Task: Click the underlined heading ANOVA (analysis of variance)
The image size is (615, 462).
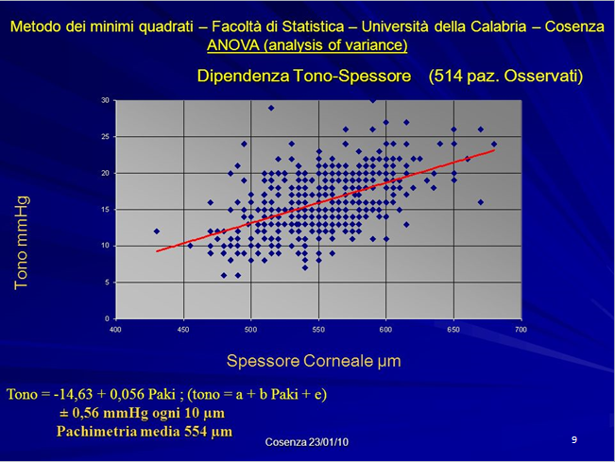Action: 307,45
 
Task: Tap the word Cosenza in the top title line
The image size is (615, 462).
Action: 574,26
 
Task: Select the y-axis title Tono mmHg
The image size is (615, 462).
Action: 21,243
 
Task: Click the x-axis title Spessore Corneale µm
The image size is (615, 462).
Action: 314,361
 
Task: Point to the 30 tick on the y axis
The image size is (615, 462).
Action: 105,100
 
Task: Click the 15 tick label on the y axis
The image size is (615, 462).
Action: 105,210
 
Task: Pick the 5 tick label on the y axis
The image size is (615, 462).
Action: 107,282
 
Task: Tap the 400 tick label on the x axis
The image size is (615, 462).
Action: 115,330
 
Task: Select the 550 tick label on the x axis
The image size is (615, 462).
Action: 318,330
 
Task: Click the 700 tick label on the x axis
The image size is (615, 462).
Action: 521,330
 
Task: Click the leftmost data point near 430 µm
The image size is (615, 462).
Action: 157,231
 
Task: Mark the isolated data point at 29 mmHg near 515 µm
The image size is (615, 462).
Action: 271,108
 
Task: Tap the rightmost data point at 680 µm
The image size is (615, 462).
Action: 494,144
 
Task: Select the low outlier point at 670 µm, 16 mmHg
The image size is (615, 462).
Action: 481,202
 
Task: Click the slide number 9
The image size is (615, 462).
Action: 574,439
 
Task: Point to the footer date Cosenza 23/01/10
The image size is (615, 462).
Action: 307,442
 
